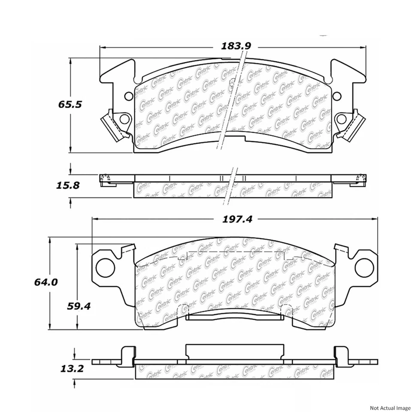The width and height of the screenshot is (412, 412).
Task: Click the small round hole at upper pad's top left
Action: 129,95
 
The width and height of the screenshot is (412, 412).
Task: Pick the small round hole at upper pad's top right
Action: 337,95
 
